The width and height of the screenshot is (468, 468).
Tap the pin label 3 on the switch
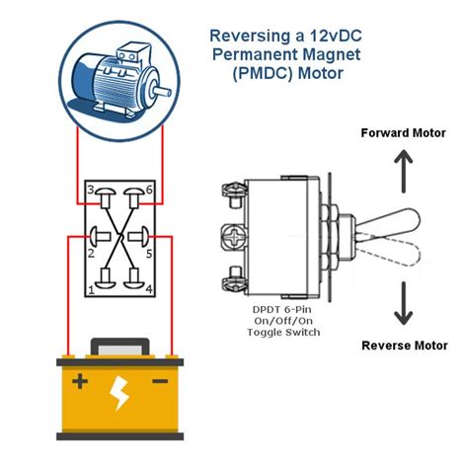[x=90, y=189]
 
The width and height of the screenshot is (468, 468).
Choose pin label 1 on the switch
[x=91, y=289]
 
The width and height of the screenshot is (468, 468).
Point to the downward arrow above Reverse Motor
[x=403, y=304]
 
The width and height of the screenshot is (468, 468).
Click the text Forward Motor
[x=403, y=133]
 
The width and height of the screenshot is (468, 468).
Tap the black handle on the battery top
[x=119, y=346]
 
